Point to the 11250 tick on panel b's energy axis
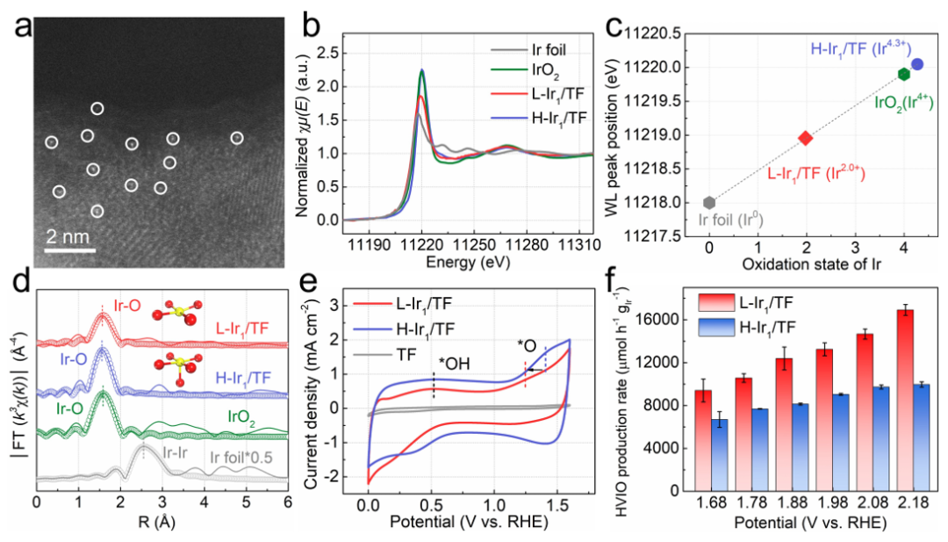point(474,240)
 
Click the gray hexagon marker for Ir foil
point(709,202)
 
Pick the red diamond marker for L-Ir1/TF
point(806,138)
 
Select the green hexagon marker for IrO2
point(903,74)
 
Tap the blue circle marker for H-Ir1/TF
point(917,64)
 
